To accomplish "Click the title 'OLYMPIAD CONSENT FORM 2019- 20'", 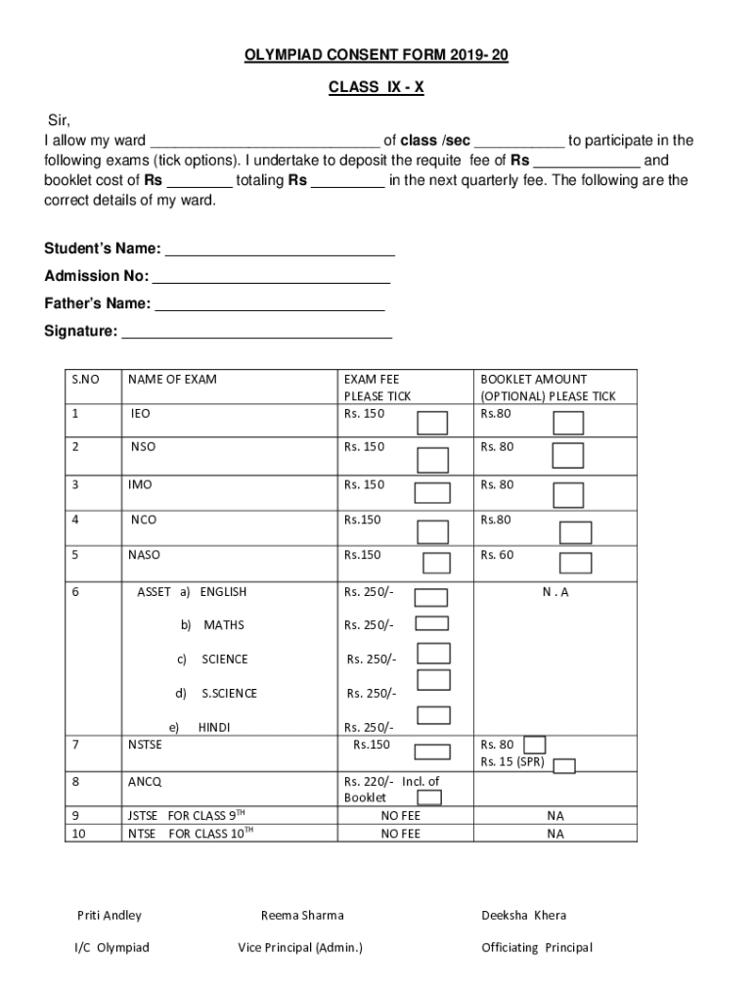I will [x=376, y=57].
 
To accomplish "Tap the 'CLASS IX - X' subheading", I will [x=376, y=87].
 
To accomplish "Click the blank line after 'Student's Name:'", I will [x=280, y=249].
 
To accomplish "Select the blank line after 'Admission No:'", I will [x=272, y=276].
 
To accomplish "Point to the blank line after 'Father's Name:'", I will [x=270, y=303].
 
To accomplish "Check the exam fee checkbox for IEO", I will [x=432, y=422].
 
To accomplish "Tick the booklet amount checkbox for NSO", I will [x=567, y=455].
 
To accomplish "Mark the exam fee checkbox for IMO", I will [x=432, y=492].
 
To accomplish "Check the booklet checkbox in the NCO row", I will [x=575, y=531].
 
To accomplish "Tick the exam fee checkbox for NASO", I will [x=436, y=563].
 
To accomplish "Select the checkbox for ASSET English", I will [x=431, y=597].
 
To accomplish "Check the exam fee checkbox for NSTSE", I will [x=431, y=751].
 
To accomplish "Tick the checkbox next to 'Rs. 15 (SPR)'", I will [x=564, y=766].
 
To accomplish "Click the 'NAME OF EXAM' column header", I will [x=173, y=379].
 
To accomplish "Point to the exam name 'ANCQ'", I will [x=145, y=782].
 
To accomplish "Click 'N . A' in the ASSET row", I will [x=555, y=592].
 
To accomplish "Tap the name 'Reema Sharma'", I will [x=302, y=915].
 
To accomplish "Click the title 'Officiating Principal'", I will [x=537, y=947].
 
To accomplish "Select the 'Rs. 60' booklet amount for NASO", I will [x=496, y=555].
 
